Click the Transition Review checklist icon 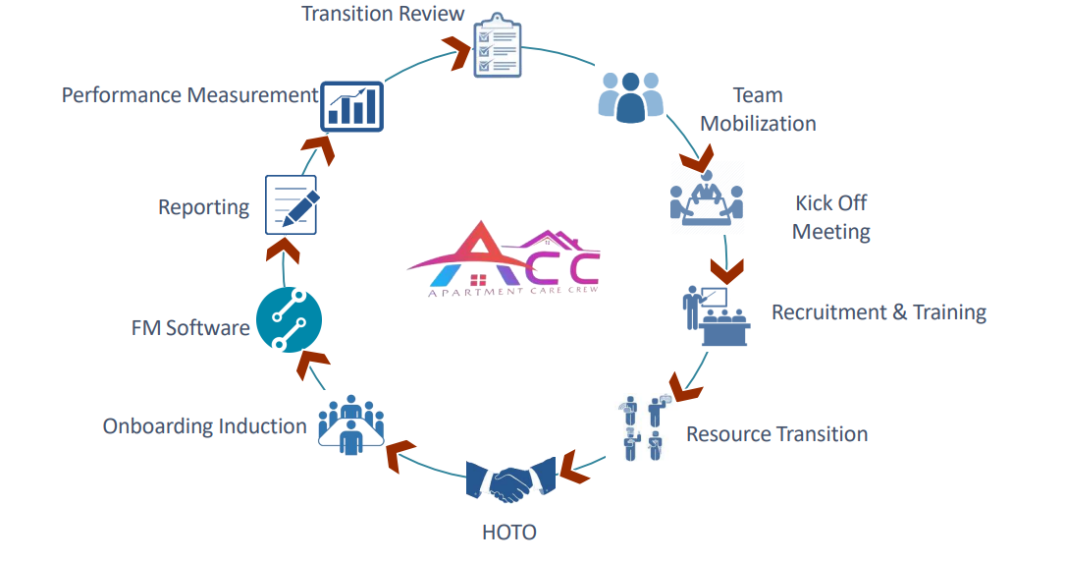496,45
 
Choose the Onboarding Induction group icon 350,425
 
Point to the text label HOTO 509,533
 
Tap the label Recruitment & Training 879,312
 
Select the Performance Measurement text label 189,95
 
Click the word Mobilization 758,124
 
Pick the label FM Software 190,327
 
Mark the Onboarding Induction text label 204,426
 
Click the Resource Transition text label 776,433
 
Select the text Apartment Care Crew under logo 512,292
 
